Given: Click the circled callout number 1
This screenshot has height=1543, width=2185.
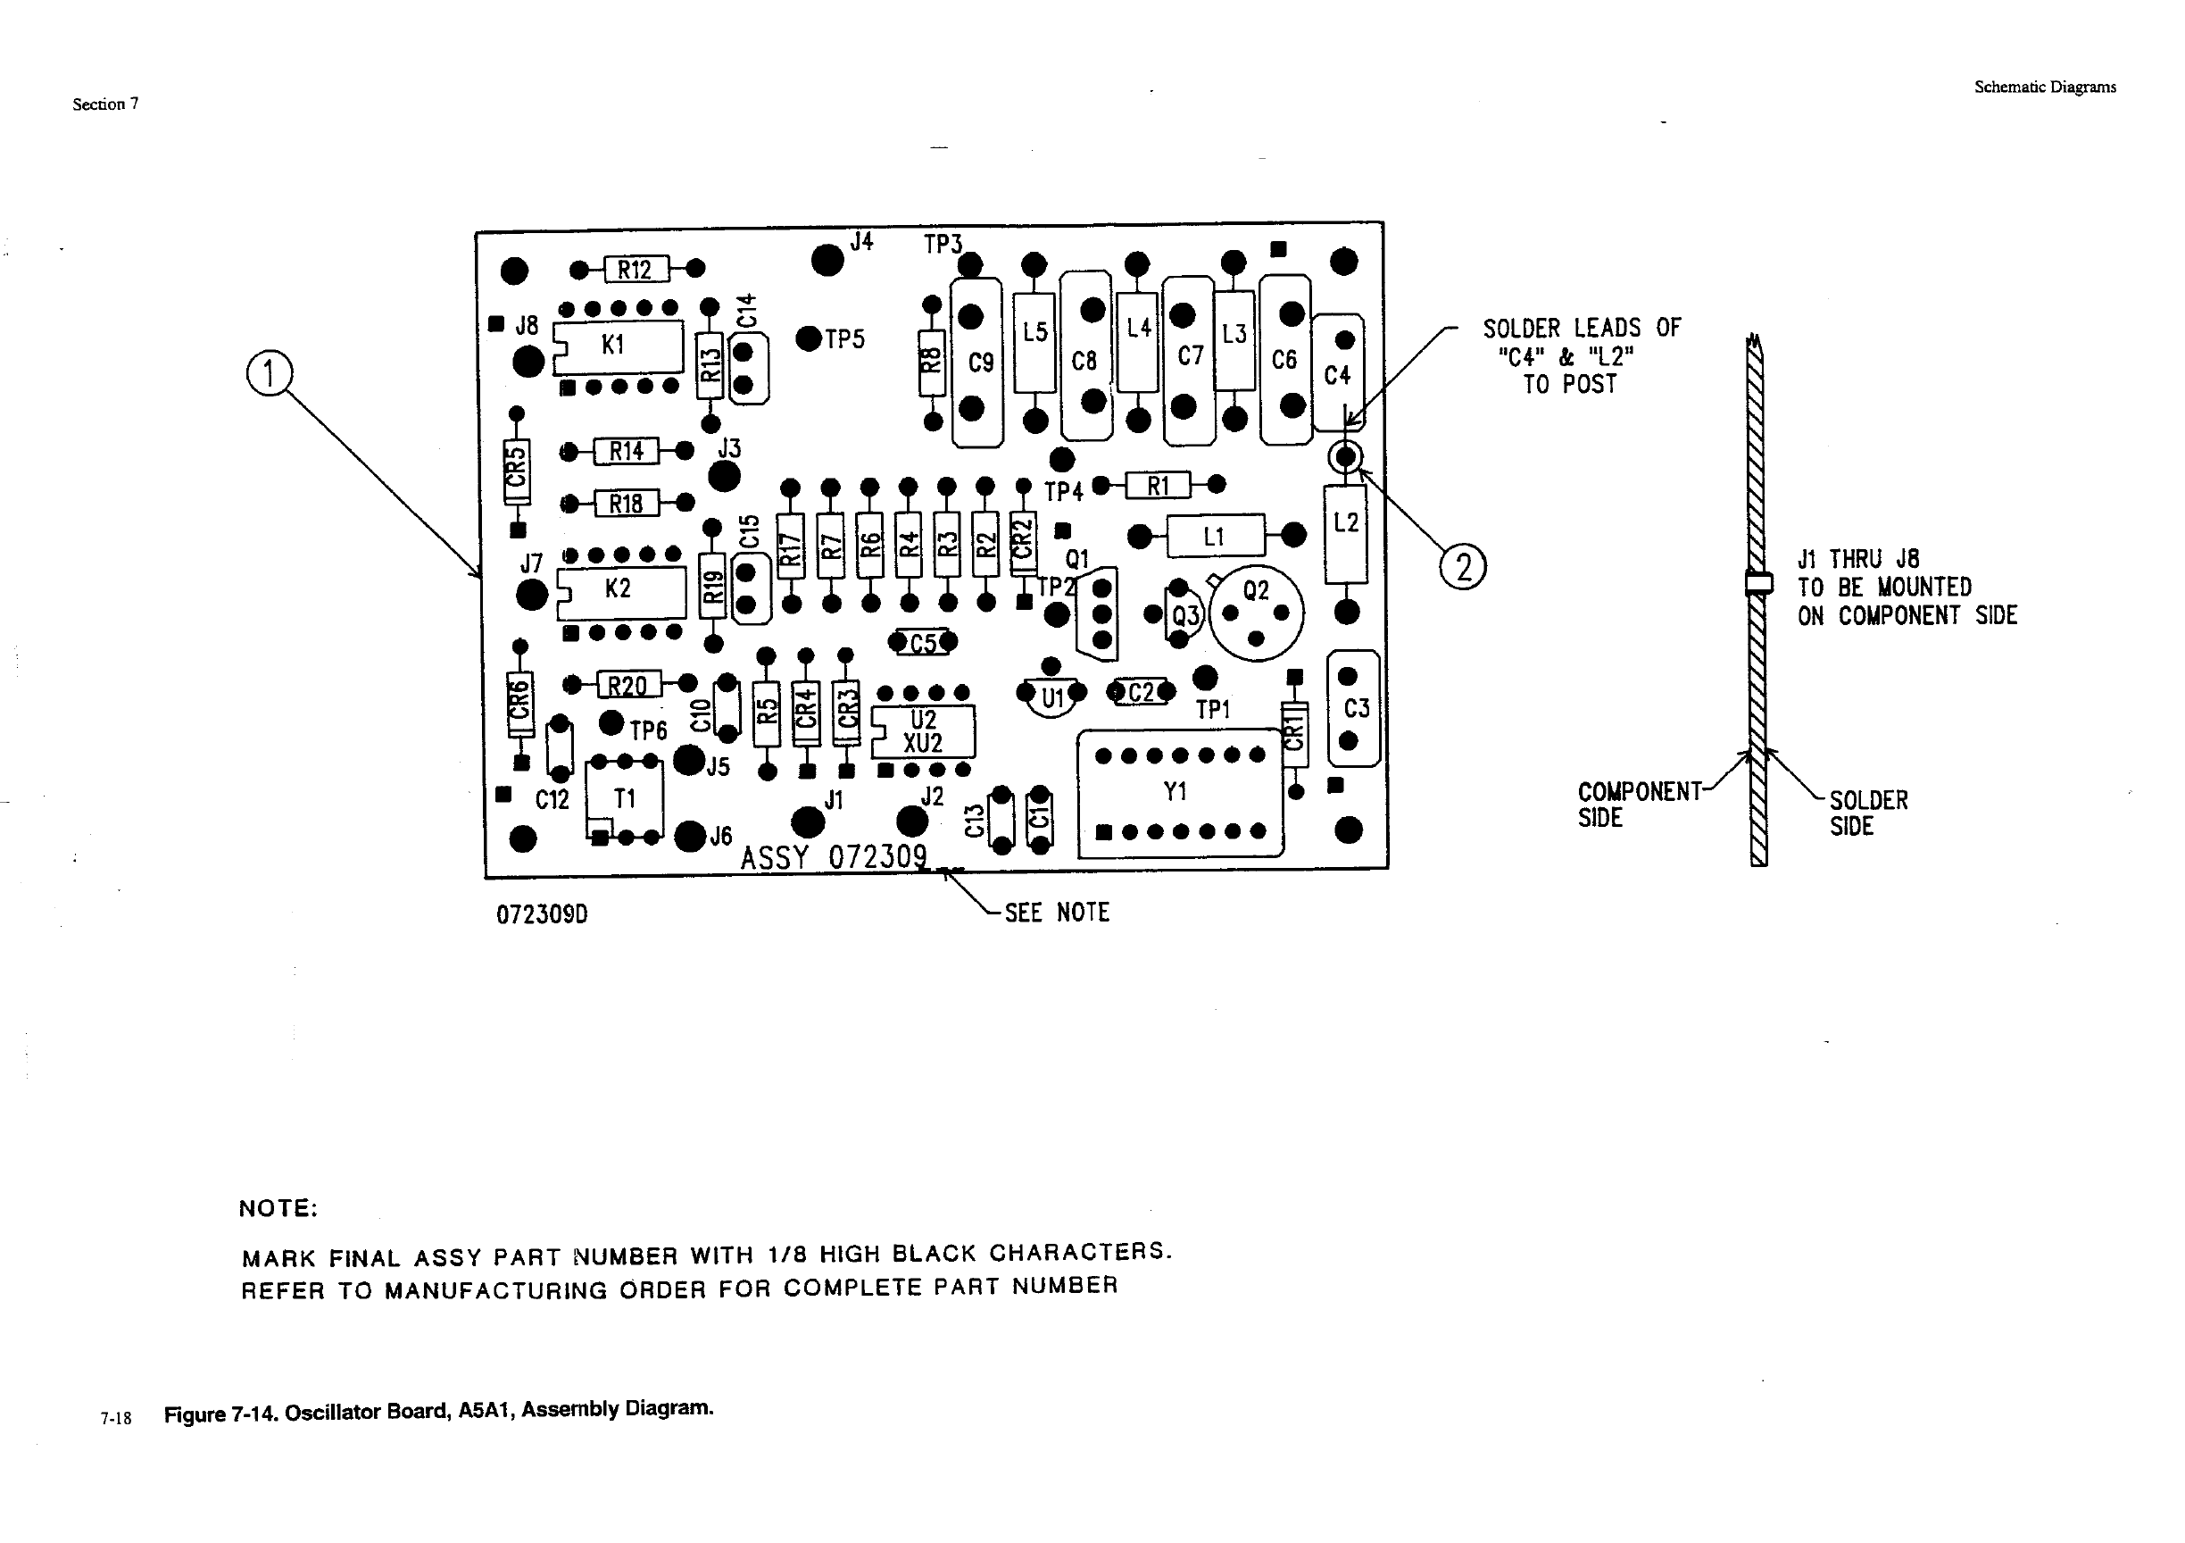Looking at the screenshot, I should pyautogui.click(x=270, y=373).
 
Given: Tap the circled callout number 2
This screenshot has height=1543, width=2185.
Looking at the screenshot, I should pyautogui.click(x=1463, y=567).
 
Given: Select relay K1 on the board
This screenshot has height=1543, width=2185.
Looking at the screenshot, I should pyautogui.click(x=619, y=346).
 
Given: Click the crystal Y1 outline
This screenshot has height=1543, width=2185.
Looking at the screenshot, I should pyautogui.click(x=1179, y=793).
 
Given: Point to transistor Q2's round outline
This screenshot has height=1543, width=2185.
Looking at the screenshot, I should pyautogui.click(x=1256, y=612).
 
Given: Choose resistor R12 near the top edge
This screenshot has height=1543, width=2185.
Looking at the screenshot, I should pyautogui.click(x=635, y=270).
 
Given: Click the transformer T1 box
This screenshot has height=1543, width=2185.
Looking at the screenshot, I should pyautogui.click(x=624, y=799).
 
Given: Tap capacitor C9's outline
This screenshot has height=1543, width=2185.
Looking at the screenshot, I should pyautogui.click(x=977, y=362).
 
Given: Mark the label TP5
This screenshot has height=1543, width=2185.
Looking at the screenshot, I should pyautogui.click(x=844, y=340).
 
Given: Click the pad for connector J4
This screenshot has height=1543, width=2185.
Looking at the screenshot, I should pyautogui.click(x=827, y=259).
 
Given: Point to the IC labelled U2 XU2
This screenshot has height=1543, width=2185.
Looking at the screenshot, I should pyautogui.click(x=923, y=731).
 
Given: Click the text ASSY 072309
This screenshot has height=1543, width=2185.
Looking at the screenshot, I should pyautogui.click(x=833, y=857).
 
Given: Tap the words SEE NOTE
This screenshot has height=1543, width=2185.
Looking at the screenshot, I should pyautogui.click(x=1056, y=912).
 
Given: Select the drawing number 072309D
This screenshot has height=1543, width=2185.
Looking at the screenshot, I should pyautogui.click(x=542, y=914).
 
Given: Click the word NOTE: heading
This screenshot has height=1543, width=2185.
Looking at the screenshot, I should pyautogui.click(x=278, y=1208).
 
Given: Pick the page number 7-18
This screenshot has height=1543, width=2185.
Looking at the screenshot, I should pyautogui.click(x=116, y=1418).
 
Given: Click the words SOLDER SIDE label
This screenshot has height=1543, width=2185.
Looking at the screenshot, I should pyautogui.click(x=1868, y=813).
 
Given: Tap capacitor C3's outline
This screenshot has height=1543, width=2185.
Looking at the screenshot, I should pyautogui.click(x=1352, y=708).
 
